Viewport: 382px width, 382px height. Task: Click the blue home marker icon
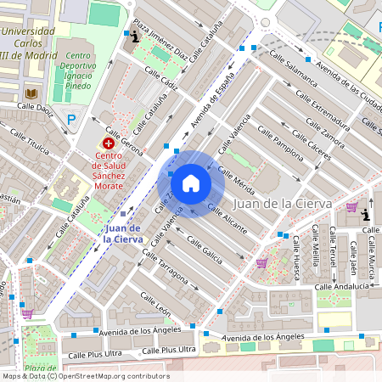[x=191, y=183]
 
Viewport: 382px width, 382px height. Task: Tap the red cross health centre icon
[x=109, y=143]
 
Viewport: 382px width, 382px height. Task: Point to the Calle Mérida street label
[x=237, y=181]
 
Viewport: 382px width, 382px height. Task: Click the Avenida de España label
[x=212, y=108]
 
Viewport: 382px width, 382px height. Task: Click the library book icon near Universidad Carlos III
[x=31, y=93]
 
